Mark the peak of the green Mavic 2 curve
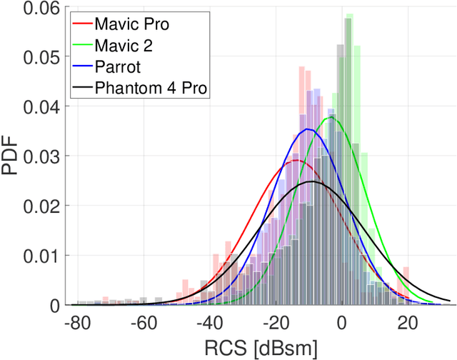pos(330,118)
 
